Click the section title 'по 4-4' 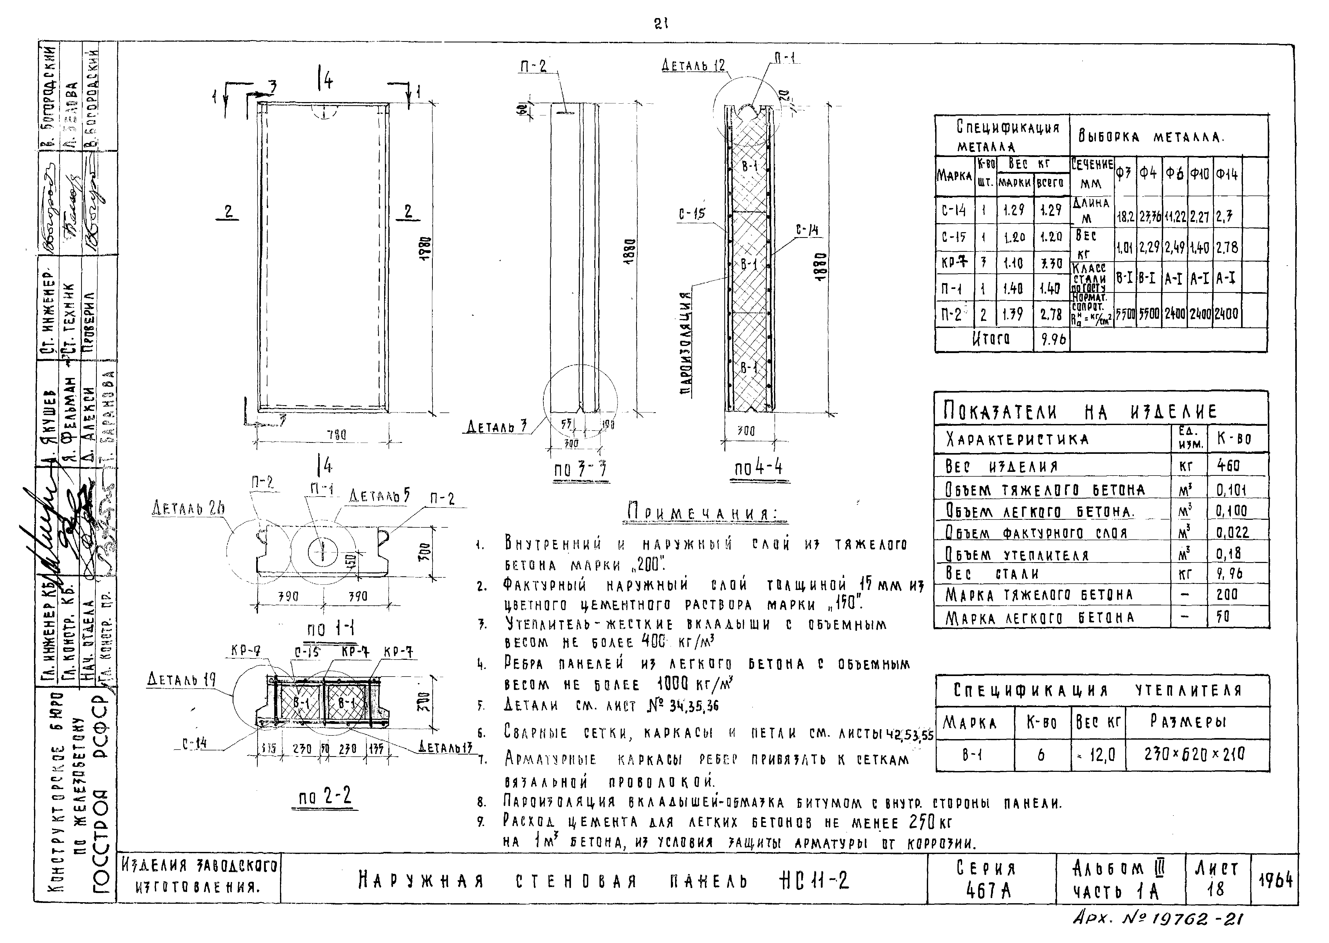tap(758, 468)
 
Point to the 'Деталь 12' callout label tap(693, 66)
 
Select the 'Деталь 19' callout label tap(182, 679)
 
